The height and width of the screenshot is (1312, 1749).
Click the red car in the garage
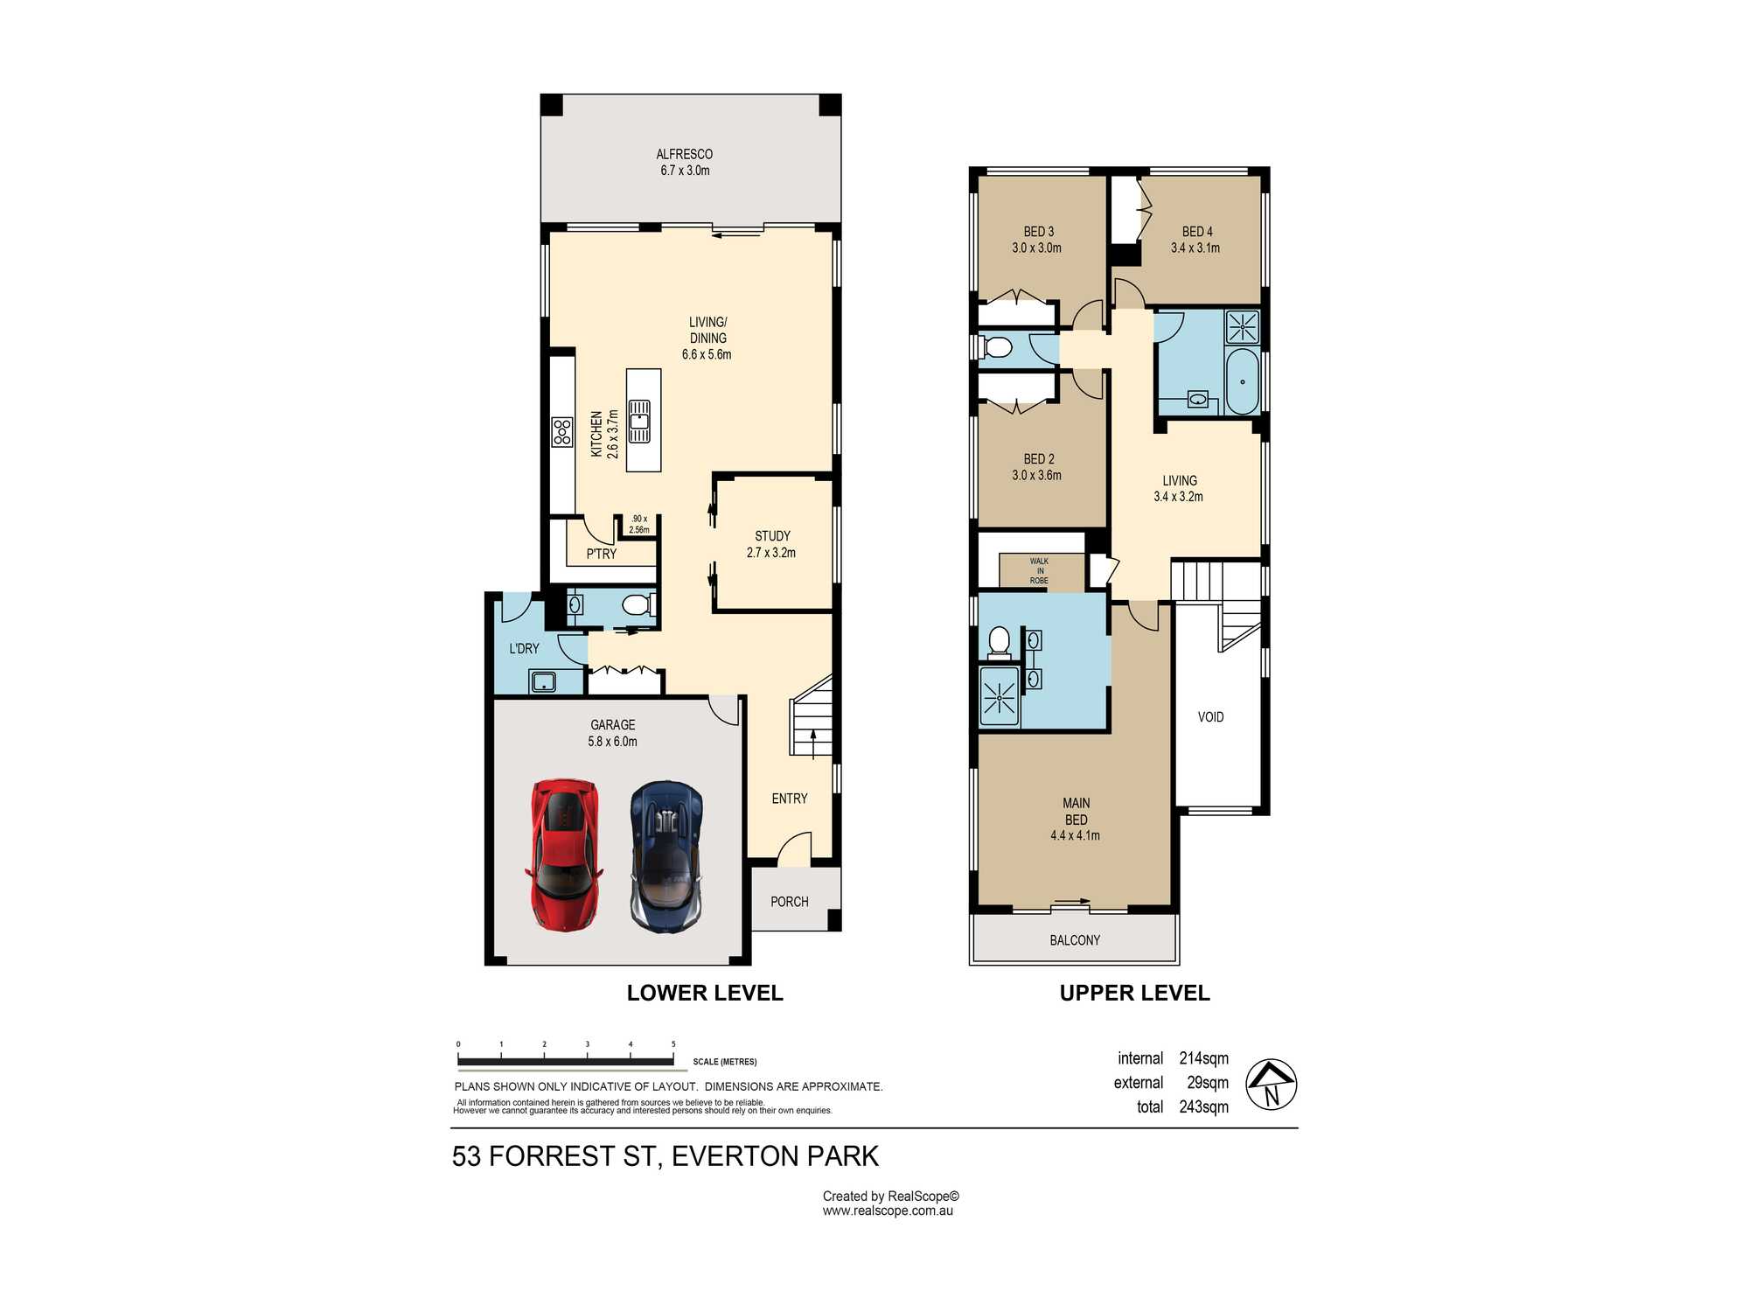[x=564, y=855]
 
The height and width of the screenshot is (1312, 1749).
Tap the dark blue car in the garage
[x=666, y=855]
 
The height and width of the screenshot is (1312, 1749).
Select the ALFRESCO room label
[x=685, y=154]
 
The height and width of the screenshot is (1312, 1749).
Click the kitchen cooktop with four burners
[x=561, y=432]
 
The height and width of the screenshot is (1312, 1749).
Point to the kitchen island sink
[x=640, y=421]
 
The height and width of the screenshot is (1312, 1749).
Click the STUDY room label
[x=772, y=535]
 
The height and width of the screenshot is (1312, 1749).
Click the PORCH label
[x=790, y=902]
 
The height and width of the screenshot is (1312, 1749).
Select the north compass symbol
[x=1271, y=1085]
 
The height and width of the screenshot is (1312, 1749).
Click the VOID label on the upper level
[x=1211, y=717]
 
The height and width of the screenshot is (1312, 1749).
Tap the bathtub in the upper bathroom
[x=1243, y=381]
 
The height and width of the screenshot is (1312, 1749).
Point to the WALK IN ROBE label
[x=1039, y=571]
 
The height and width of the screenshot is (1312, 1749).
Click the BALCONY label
[x=1075, y=940]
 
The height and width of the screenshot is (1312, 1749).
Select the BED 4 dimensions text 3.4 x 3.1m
[x=1195, y=248]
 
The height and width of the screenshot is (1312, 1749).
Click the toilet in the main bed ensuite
[x=999, y=643]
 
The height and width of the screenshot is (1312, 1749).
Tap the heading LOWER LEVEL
[x=705, y=993]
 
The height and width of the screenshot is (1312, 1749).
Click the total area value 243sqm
[x=1203, y=1106]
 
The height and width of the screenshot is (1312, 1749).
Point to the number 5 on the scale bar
[x=673, y=1044]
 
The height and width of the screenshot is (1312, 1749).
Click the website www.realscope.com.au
[x=888, y=1211]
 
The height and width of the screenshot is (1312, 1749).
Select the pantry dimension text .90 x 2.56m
[x=639, y=524]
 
